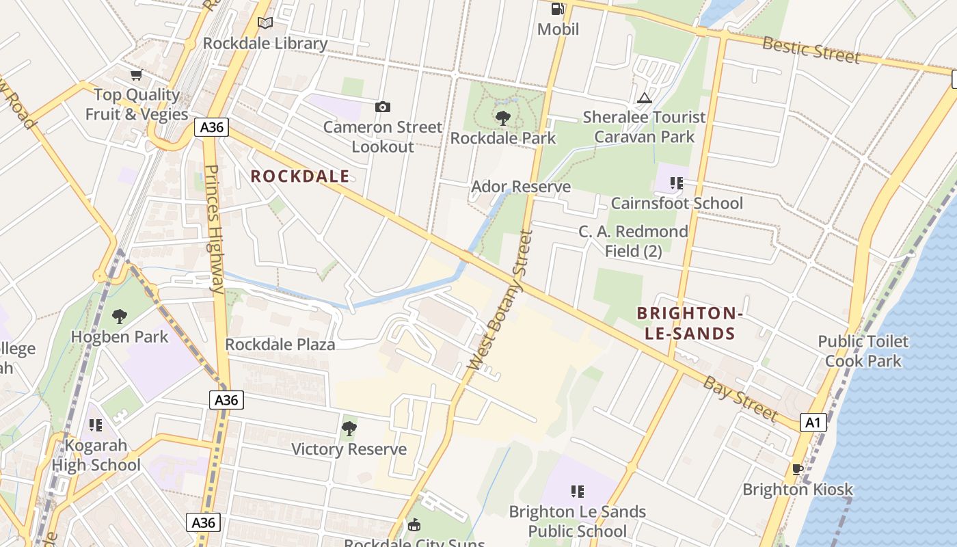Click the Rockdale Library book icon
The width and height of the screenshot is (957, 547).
(265, 23)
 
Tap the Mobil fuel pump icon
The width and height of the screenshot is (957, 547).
(558, 9)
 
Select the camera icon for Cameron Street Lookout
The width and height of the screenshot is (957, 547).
(383, 107)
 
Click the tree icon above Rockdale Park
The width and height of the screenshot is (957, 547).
(502, 118)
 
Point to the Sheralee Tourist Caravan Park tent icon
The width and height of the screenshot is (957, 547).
(645, 98)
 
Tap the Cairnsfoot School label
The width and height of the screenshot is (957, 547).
(676, 203)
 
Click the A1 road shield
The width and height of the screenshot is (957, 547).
(813, 422)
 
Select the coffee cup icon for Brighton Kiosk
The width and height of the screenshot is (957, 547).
(797, 469)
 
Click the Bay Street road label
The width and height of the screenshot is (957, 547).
(740, 399)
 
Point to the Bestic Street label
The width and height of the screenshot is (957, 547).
(811, 50)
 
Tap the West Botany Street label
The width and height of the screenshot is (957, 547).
(500, 300)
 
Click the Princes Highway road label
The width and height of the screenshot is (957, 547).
(213, 229)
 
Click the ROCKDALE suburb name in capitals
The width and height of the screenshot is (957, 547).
(299, 176)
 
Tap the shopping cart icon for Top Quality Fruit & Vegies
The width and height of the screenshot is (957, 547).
(136, 75)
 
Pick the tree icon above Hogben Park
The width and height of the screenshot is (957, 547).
(120, 317)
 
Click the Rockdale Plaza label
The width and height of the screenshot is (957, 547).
(280, 344)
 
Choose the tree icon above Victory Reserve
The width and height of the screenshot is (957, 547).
(349, 429)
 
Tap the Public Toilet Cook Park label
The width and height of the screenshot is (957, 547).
(863, 351)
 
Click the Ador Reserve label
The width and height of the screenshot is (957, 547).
(521, 187)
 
